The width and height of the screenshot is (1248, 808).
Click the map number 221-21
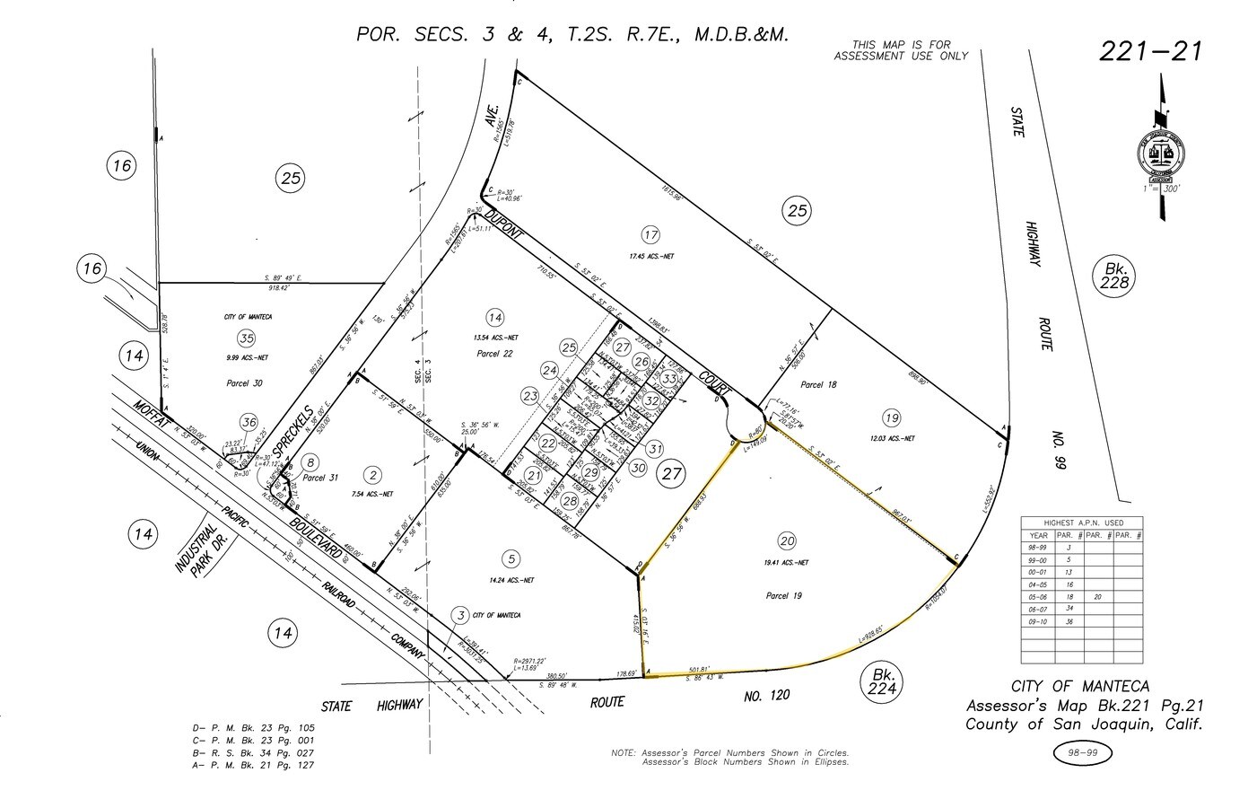[1150, 50]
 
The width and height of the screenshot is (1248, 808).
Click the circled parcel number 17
[650, 235]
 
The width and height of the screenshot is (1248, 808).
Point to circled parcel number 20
[787, 540]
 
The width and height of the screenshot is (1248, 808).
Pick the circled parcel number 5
[511, 558]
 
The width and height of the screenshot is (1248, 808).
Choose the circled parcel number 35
[247, 338]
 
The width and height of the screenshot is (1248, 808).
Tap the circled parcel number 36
[249, 423]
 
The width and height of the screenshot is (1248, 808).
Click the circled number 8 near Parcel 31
[311, 462]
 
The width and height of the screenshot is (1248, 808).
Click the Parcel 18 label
[818, 385]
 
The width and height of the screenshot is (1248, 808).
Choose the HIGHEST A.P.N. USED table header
[1082, 523]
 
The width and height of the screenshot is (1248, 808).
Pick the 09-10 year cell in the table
[1038, 621]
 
